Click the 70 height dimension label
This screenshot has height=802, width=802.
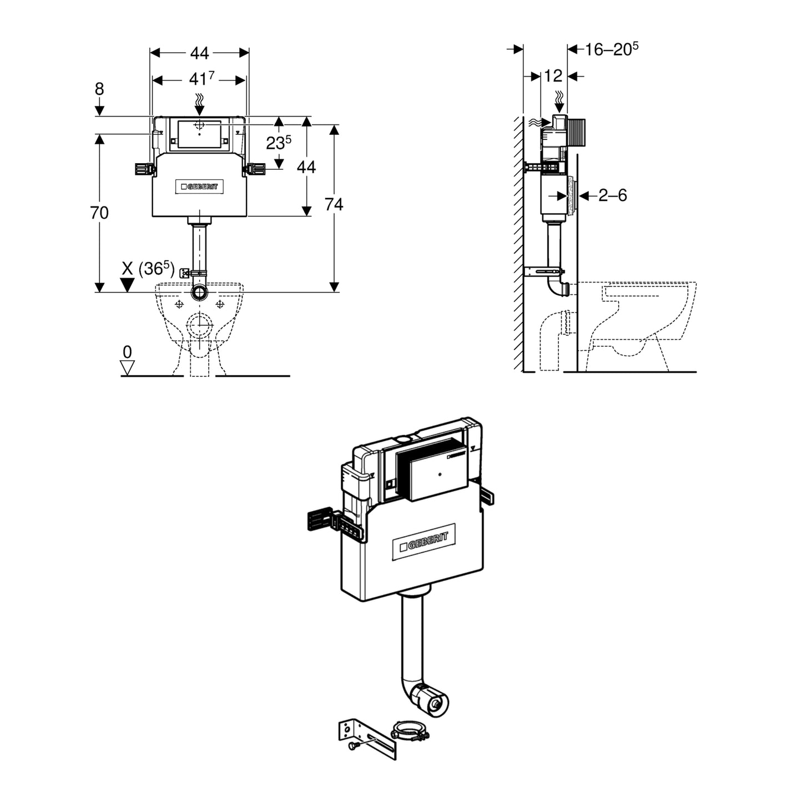click(99, 213)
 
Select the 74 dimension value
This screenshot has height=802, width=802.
click(334, 205)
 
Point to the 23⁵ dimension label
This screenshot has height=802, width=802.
click(279, 143)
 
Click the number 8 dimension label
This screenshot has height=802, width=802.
click(99, 89)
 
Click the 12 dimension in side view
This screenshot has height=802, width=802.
click(553, 76)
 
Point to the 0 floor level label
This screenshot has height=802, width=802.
click(127, 352)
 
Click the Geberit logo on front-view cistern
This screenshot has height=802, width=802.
click(200, 187)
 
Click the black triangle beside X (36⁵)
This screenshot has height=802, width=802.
click(128, 285)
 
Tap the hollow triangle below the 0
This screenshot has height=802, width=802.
click(128, 367)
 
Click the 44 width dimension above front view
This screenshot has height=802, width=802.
click(200, 53)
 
